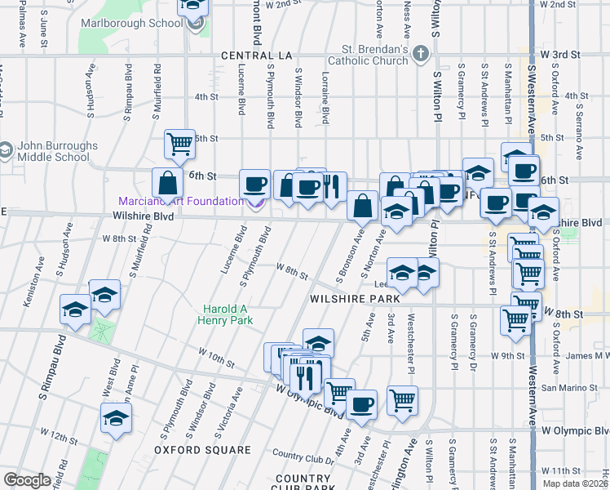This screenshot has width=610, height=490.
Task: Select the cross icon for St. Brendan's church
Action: (x=421, y=55)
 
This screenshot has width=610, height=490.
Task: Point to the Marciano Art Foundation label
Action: (x=180, y=201)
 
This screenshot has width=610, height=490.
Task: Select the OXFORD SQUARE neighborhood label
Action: (x=202, y=450)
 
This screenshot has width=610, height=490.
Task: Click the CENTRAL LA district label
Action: (x=256, y=56)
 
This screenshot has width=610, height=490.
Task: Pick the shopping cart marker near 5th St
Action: (x=179, y=145)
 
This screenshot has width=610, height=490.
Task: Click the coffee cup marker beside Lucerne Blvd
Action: (x=254, y=184)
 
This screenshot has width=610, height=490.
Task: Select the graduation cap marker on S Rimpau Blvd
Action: (x=75, y=310)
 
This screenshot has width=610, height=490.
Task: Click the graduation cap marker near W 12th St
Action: (x=116, y=419)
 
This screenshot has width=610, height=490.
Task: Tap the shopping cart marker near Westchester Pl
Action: (x=402, y=400)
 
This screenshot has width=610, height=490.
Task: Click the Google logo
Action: (x=27, y=480)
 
